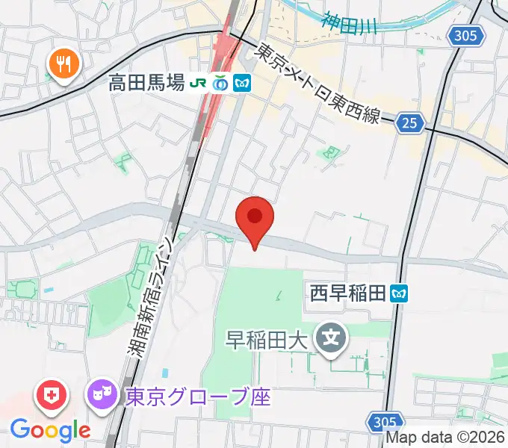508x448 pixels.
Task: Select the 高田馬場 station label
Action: click(x=146, y=84)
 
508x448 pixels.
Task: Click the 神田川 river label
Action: click(x=350, y=20)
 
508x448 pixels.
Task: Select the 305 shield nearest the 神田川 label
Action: click(x=468, y=34)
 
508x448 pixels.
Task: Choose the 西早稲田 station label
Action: click(x=347, y=293)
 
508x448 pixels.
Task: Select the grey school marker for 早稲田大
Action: click(x=332, y=339)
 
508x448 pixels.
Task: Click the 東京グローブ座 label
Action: click(x=197, y=395)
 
